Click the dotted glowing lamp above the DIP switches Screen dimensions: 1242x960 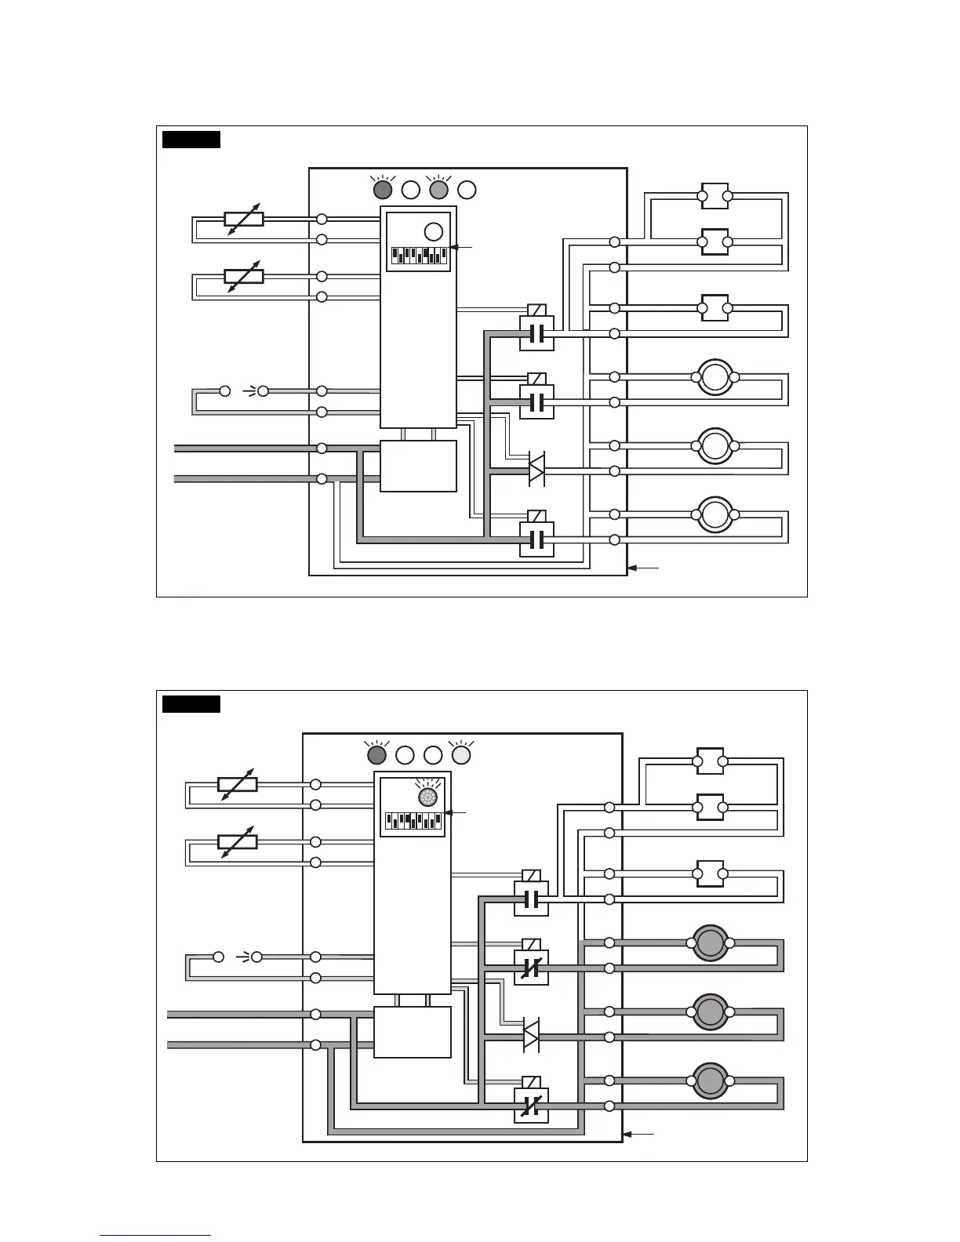(x=428, y=797)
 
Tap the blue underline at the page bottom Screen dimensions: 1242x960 (x=155, y=1235)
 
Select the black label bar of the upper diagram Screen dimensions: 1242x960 (x=191, y=140)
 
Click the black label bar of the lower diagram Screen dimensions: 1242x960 (x=191, y=704)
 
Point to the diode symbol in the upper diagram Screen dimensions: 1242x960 (x=536, y=468)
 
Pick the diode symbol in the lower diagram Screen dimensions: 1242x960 (x=531, y=1037)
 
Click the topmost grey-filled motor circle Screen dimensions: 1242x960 (x=710, y=942)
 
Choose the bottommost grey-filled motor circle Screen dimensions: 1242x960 (x=710, y=1080)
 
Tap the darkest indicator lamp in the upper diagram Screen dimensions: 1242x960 (x=383, y=190)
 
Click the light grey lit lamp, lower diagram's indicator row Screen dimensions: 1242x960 (x=461, y=754)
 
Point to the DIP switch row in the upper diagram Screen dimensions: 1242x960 (x=419, y=256)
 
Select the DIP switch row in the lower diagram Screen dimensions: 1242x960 (x=413, y=821)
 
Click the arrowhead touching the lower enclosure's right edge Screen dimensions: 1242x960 (x=627, y=1134)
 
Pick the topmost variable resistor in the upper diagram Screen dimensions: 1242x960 (x=244, y=219)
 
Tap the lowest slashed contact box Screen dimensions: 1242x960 (x=531, y=1106)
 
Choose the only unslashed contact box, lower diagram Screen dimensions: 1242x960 (x=531, y=899)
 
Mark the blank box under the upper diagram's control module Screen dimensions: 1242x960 (x=418, y=466)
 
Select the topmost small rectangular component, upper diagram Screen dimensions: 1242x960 (x=715, y=196)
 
